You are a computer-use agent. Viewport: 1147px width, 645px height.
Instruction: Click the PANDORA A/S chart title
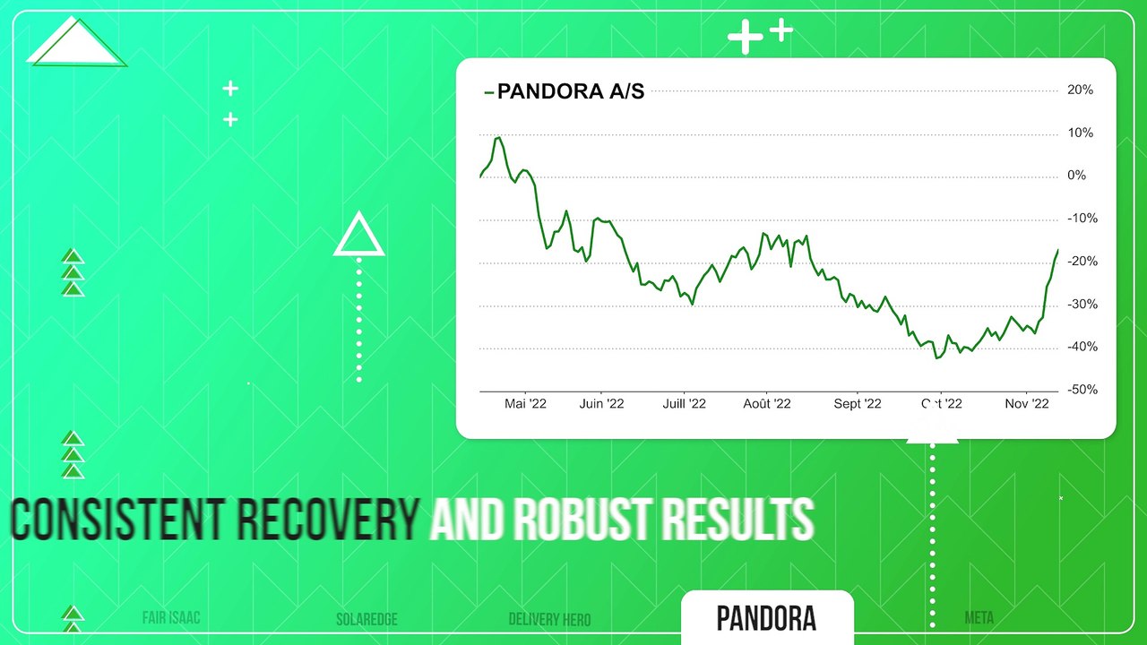tap(570, 90)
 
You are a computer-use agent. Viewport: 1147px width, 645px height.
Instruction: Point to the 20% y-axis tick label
tap(1080, 90)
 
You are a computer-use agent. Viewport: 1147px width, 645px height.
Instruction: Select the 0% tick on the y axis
tap(1076, 176)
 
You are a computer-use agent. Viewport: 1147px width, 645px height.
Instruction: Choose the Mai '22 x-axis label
tap(525, 404)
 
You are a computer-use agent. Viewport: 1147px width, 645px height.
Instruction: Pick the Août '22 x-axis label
tap(767, 404)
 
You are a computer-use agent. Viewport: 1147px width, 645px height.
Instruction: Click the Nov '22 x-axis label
tap(1026, 404)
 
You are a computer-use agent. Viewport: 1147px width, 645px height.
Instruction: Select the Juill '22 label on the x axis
tap(684, 404)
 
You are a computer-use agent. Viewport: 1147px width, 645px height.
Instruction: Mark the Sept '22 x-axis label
tap(858, 404)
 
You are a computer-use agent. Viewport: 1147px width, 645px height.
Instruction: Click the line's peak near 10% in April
tap(497, 138)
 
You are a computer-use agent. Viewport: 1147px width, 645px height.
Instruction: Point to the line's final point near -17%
tap(1057, 250)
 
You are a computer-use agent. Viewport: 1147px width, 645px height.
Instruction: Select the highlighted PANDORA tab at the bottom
tap(766, 618)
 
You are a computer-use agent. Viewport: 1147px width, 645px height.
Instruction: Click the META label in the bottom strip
tap(979, 617)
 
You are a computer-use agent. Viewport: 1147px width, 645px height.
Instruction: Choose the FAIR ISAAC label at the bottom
tap(171, 618)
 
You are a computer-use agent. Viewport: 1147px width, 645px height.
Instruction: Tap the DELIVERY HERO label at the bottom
tap(549, 619)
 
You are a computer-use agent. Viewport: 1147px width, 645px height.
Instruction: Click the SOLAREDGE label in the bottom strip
tap(367, 619)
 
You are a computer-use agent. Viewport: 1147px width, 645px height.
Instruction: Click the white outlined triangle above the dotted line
tap(359, 236)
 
